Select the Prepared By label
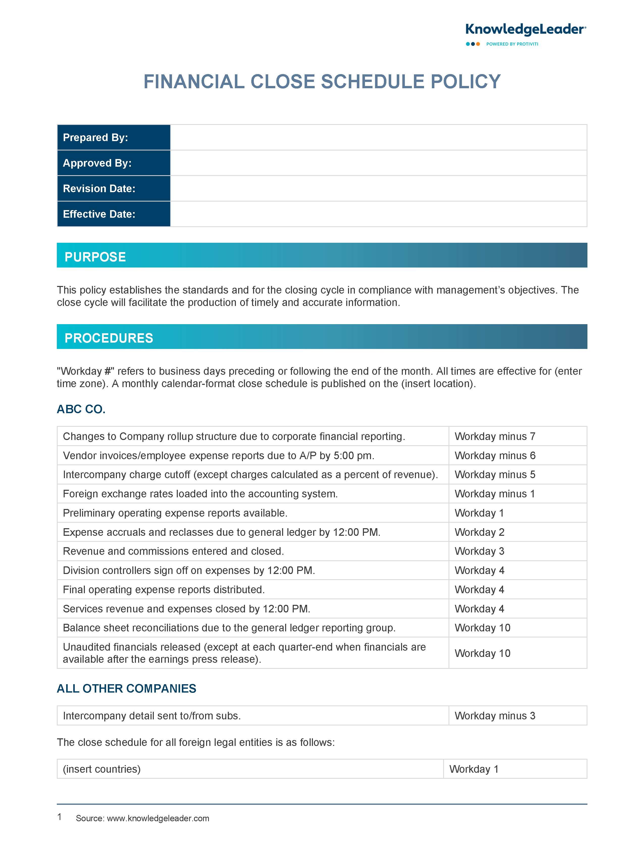click(95, 137)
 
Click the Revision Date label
click(99, 188)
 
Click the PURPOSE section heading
click(95, 257)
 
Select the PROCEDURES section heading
click(109, 338)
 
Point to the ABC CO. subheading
click(81, 409)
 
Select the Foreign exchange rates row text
click(200, 494)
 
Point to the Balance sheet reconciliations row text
click(229, 628)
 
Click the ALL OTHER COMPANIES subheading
click(127, 688)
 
